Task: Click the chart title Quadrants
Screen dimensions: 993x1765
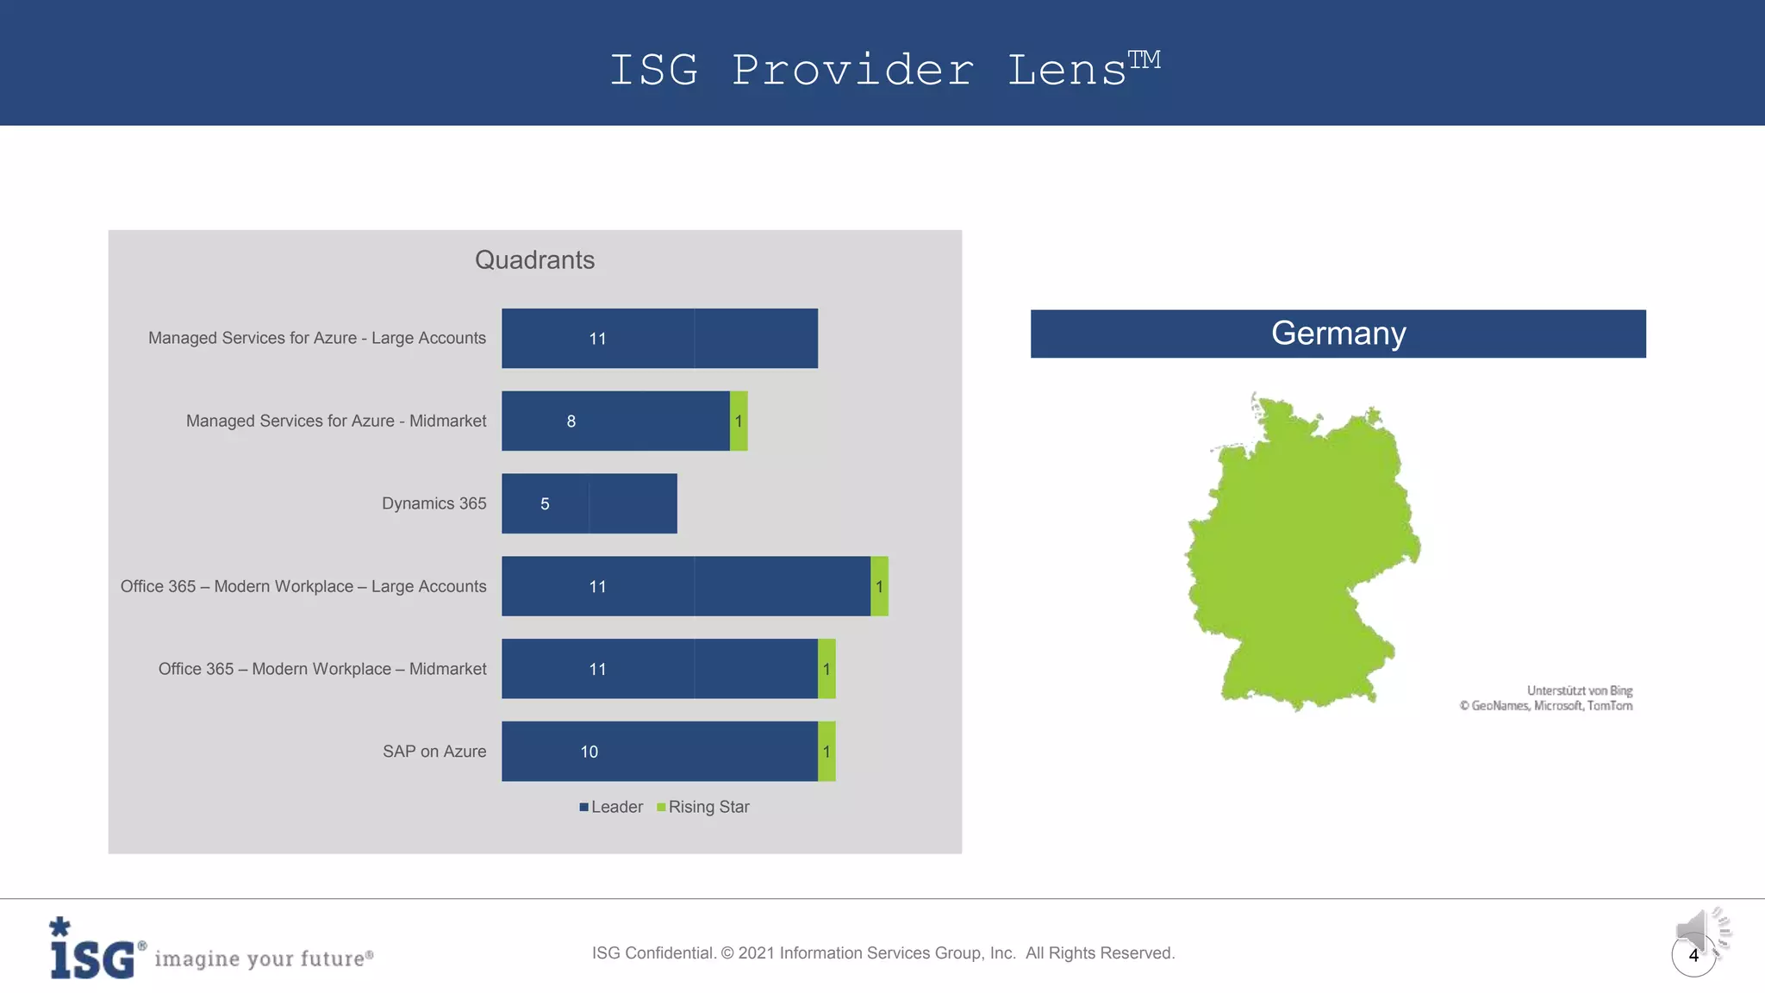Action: (534, 260)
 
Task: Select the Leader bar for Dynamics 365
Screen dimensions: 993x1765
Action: (589, 503)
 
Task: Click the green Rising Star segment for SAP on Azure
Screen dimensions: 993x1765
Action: (826, 752)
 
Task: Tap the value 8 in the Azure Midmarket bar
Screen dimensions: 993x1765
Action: (571, 422)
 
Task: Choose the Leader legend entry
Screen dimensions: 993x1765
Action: (611, 807)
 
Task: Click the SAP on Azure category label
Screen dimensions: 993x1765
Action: (434, 752)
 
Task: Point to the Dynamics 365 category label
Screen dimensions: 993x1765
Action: (433, 503)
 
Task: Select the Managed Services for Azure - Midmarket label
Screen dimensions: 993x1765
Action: (336, 421)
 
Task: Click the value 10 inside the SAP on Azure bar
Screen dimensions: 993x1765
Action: (589, 752)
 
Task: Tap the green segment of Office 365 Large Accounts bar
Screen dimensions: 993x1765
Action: (879, 586)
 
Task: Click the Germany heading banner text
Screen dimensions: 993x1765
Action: (1338, 334)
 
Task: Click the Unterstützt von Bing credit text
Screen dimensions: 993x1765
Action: (1579, 690)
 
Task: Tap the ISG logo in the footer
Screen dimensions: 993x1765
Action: (93, 950)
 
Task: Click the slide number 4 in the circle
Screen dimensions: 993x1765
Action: (1693, 955)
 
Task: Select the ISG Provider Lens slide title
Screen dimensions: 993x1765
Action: (882, 69)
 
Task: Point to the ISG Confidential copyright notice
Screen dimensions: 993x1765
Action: (882, 952)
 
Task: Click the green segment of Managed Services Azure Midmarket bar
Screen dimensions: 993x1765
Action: (739, 421)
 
